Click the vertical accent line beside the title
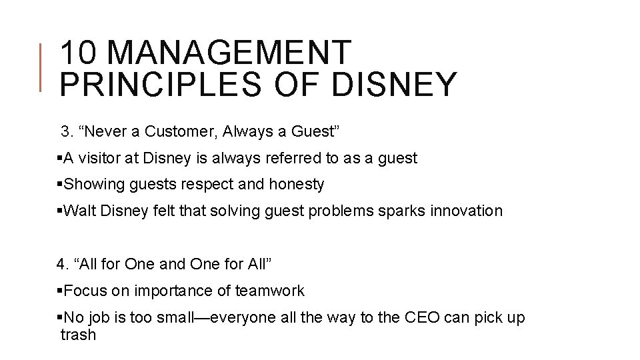click(41, 67)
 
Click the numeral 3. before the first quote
click(67, 131)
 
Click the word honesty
click(295, 185)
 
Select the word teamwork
click(271, 291)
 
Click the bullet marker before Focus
click(60, 291)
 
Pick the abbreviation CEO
click(421, 317)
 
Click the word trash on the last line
click(78, 335)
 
